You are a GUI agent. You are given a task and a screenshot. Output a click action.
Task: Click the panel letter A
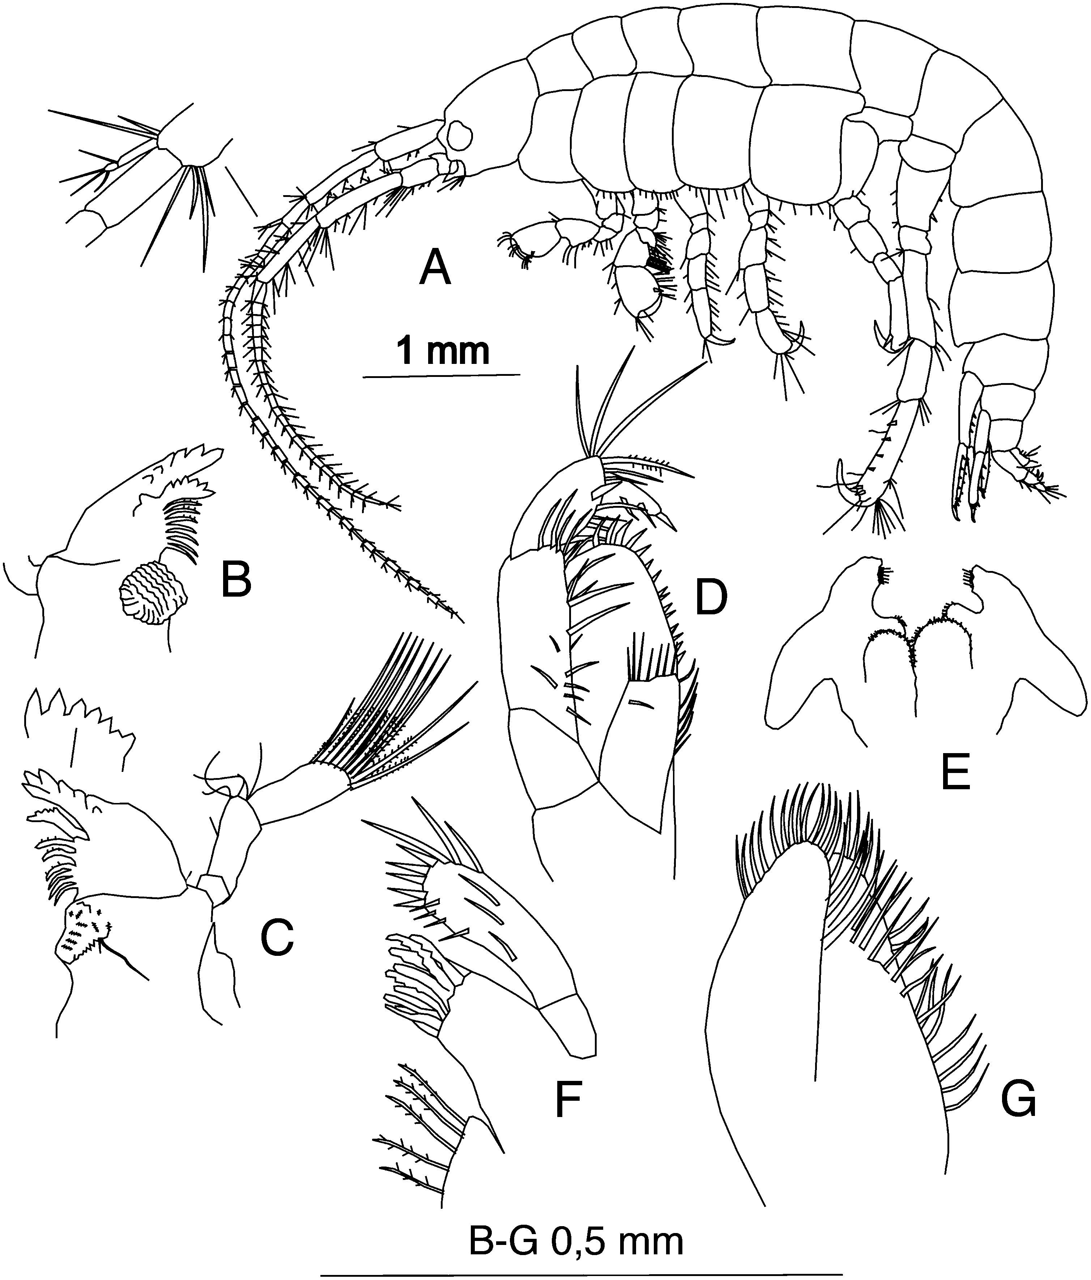(x=435, y=270)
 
